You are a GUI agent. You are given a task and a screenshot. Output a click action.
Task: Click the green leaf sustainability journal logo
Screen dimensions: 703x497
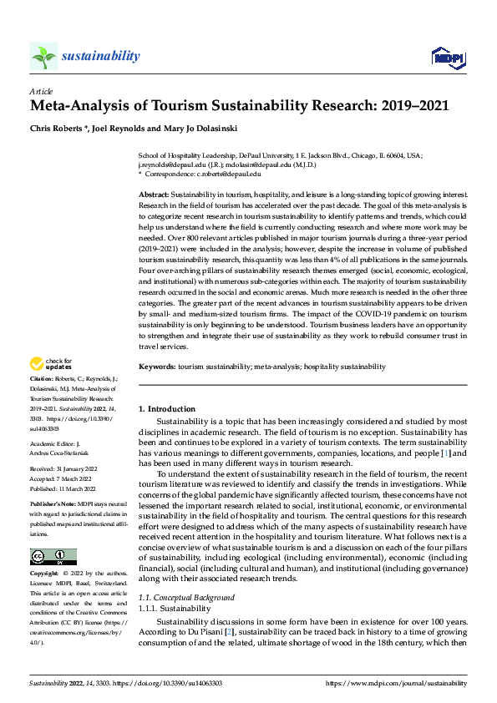pyautogui.click(x=43, y=56)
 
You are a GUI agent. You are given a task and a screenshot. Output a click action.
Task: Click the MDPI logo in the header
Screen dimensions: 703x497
pyautogui.click(x=446, y=57)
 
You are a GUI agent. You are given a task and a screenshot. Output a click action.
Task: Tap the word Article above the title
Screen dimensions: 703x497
pyautogui.click(x=41, y=91)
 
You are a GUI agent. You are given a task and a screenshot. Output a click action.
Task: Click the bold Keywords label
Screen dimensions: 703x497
pyautogui.click(x=156, y=367)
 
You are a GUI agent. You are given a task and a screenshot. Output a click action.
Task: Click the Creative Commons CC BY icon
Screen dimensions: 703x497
pyautogui.click(x=53, y=558)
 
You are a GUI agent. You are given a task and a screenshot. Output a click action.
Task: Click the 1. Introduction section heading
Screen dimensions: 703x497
pyautogui.click(x=167, y=409)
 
